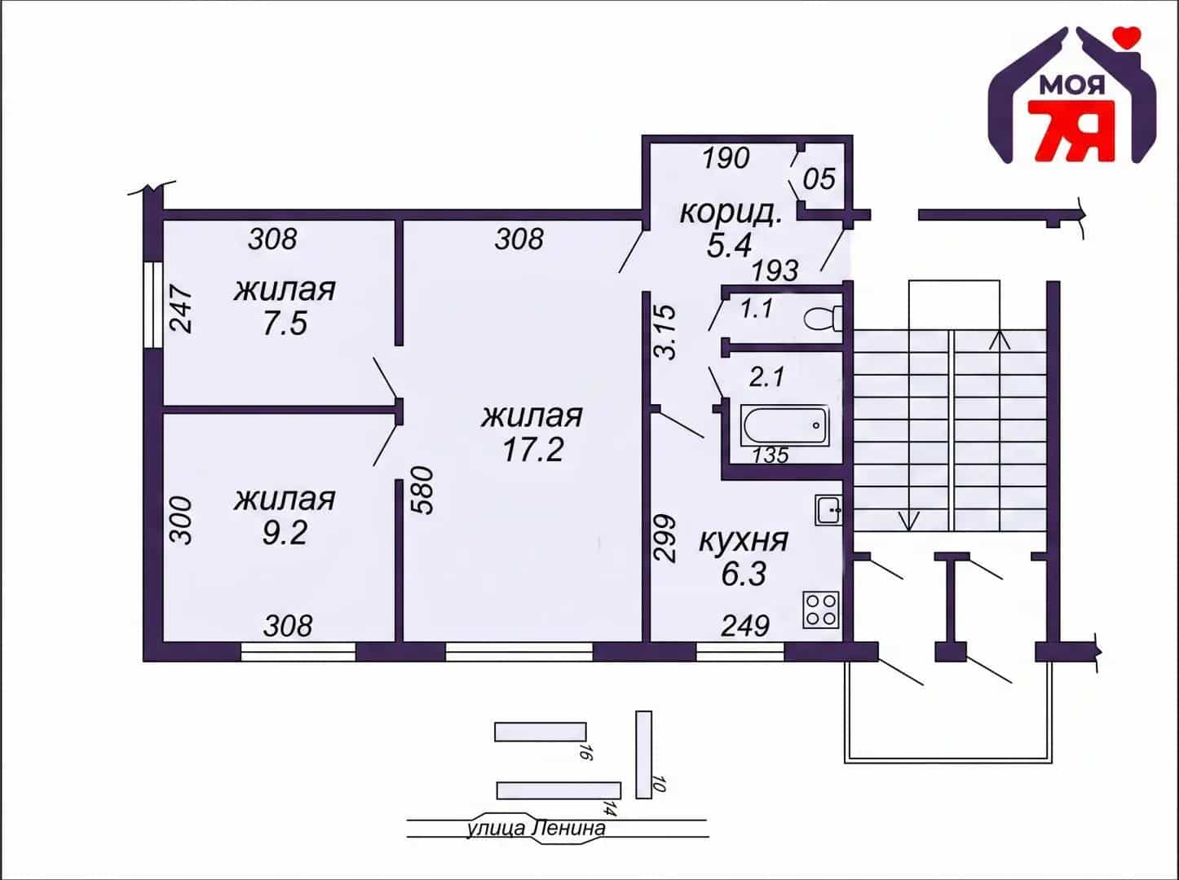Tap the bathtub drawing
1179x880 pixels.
tap(784, 425)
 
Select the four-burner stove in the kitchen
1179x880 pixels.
tap(821, 609)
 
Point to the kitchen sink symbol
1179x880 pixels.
tap(828, 510)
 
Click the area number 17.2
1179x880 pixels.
tap(532, 449)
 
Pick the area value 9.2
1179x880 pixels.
tap(285, 533)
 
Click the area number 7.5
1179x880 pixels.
tap(285, 323)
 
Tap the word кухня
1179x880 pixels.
tap(744, 540)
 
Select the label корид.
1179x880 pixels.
tap(731, 213)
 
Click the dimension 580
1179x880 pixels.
tap(422, 491)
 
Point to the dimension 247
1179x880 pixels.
tap(181, 309)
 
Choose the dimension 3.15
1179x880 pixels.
tap(665, 332)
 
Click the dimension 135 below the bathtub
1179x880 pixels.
tap(771, 455)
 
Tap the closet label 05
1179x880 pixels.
tap(819, 178)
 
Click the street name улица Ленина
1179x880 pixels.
tap(536, 829)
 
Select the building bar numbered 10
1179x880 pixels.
tap(643, 755)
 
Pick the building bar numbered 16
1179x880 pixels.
tap(541, 732)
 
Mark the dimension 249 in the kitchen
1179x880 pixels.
tap(745, 626)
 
